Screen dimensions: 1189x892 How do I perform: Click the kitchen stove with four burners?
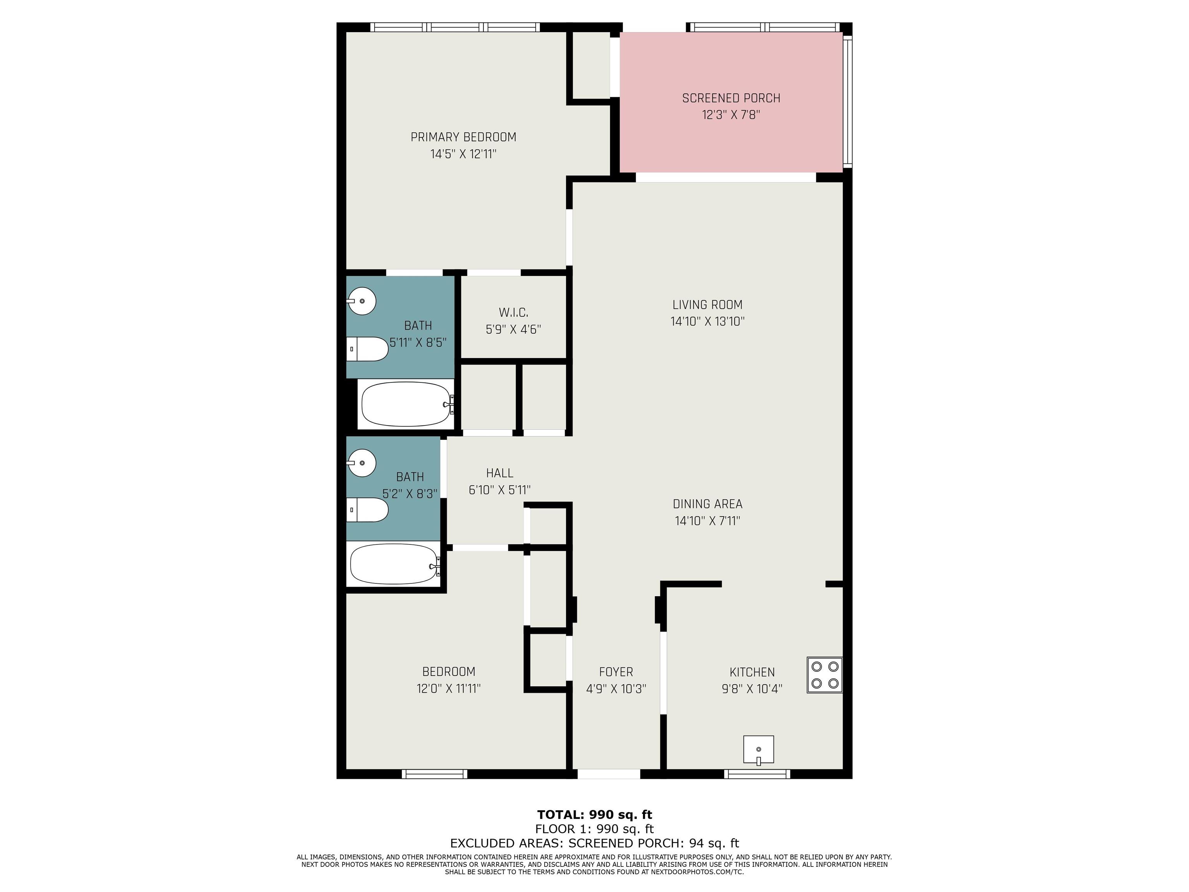(x=824, y=674)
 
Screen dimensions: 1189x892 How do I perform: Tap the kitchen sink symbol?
(x=759, y=750)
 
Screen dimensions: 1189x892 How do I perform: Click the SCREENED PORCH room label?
(x=731, y=98)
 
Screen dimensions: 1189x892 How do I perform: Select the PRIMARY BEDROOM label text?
(x=463, y=137)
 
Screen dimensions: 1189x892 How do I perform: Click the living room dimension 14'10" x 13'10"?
(x=708, y=321)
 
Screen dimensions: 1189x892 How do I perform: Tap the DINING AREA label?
(x=708, y=504)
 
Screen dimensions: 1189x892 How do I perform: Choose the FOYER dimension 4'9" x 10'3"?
(x=616, y=689)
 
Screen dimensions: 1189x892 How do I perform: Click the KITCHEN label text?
(x=752, y=672)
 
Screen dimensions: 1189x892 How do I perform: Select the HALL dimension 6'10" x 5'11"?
(x=499, y=490)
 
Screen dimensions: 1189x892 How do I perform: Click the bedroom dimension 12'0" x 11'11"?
(x=448, y=688)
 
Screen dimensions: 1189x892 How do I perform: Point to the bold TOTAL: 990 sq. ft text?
(x=594, y=815)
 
